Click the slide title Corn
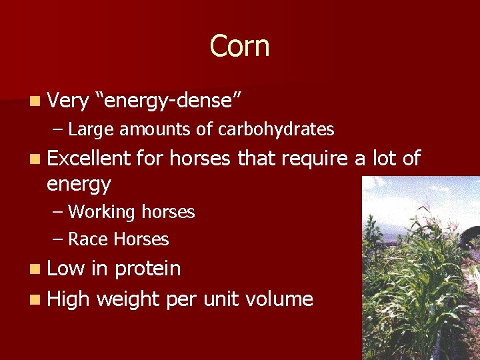[239, 47]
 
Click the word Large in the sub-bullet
[92, 129]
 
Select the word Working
[101, 212]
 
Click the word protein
[147, 269]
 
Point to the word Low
[66, 269]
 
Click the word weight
[127, 299]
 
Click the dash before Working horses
[59, 213]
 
